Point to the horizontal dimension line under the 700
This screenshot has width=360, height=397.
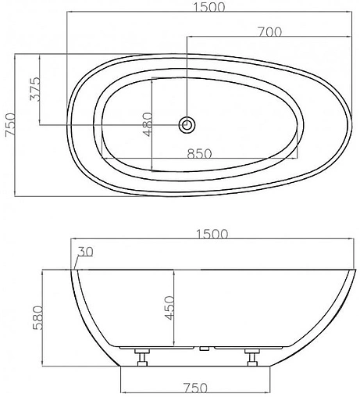pos(266,39)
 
